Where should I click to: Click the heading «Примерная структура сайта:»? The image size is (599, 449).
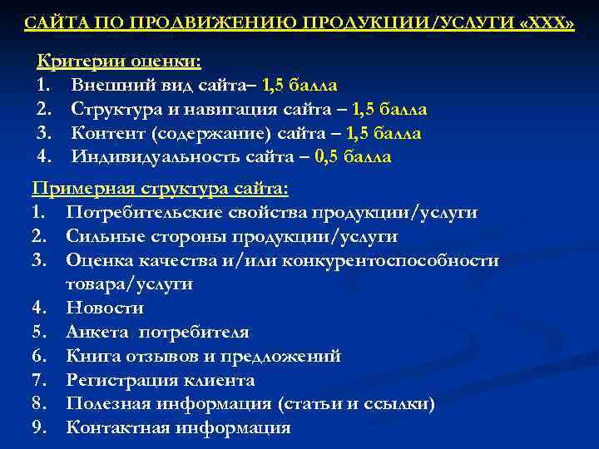click(160, 189)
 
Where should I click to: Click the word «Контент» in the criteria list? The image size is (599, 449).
click(102, 133)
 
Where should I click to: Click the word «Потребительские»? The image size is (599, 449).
click(136, 213)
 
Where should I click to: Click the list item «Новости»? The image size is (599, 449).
click(105, 308)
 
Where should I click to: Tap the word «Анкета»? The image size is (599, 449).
click(97, 333)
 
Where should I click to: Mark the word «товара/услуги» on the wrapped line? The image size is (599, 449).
click(129, 284)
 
